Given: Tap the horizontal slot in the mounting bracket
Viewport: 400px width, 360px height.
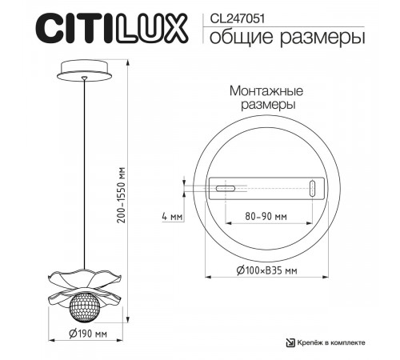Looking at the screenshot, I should tap(223, 189).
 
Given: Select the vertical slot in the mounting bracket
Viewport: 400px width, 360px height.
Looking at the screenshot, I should tap(312, 189).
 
